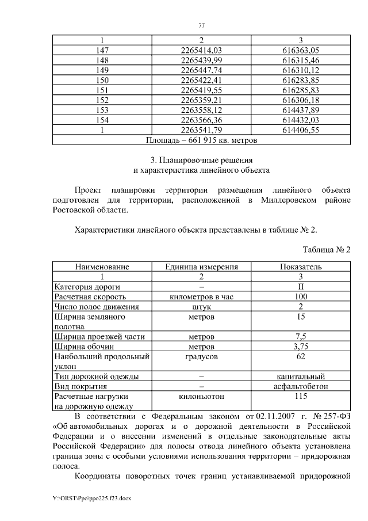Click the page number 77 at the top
click(x=201, y=25)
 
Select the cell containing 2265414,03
click(x=201, y=51)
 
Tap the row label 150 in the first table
click(x=102, y=79)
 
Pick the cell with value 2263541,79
click(x=201, y=131)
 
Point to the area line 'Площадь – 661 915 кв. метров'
click(x=201, y=140)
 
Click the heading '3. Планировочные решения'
click(x=201, y=159)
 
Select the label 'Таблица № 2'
click(x=326, y=250)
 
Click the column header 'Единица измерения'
click(x=201, y=267)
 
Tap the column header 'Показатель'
click(x=301, y=267)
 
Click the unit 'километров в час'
click(x=201, y=296)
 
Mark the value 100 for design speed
click(x=301, y=296)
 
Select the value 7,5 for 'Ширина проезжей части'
click(x=301, y=336)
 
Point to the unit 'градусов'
click(x=201, y=356)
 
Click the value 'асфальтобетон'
click(x=301, y=386)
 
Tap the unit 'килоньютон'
click(x=201, y=396)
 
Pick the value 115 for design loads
click(x=301, y=396)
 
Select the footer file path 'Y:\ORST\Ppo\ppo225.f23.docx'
click(x=91, y=498)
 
